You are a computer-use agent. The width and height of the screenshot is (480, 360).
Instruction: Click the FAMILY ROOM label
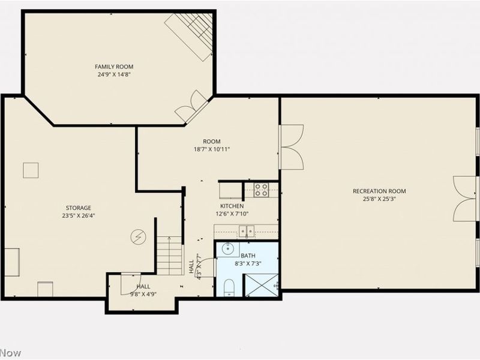tap(114, 67)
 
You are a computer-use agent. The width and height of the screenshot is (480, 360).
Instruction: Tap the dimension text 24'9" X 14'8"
tap(114, 74)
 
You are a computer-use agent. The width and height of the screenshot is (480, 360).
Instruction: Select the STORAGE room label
tap(79, 208)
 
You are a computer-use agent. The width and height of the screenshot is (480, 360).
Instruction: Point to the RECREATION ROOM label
tap(379, 191)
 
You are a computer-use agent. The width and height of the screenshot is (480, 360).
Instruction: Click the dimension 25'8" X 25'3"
tap(380, 199)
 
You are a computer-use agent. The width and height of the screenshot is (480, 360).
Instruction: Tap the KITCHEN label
tap(232, 206)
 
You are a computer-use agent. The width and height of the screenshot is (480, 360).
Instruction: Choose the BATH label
tap(248, 256)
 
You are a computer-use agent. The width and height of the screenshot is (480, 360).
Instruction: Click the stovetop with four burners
tap(262, 190)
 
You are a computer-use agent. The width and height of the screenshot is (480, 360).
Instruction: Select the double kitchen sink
tap(247, 231)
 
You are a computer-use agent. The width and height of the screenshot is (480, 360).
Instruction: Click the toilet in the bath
tap(229, 288)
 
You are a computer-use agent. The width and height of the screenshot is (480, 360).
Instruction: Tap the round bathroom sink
tap(228, 248)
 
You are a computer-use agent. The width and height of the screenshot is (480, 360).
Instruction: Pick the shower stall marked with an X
tap(262, 286)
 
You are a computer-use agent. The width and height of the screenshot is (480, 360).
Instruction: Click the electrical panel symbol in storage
tap(139, 237)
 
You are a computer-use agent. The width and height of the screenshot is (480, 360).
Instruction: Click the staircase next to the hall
tap(170, 256)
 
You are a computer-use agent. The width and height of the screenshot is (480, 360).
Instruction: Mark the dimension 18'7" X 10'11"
tap(212, 149)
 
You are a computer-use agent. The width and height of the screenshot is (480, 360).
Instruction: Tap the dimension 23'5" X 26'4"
tap(79, 215)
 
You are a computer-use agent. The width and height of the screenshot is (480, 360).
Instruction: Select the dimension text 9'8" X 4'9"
tap(143, 295)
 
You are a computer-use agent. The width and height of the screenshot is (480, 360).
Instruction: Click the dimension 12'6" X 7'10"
tap(232, 214)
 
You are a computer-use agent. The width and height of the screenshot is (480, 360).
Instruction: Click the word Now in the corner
tap(10, 353)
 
